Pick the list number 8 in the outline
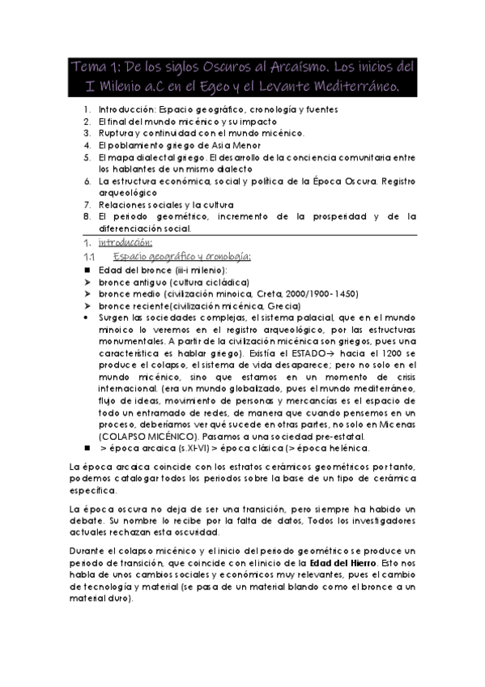coord(87,217)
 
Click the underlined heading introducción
coord(126,242)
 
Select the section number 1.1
coord(89,256)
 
